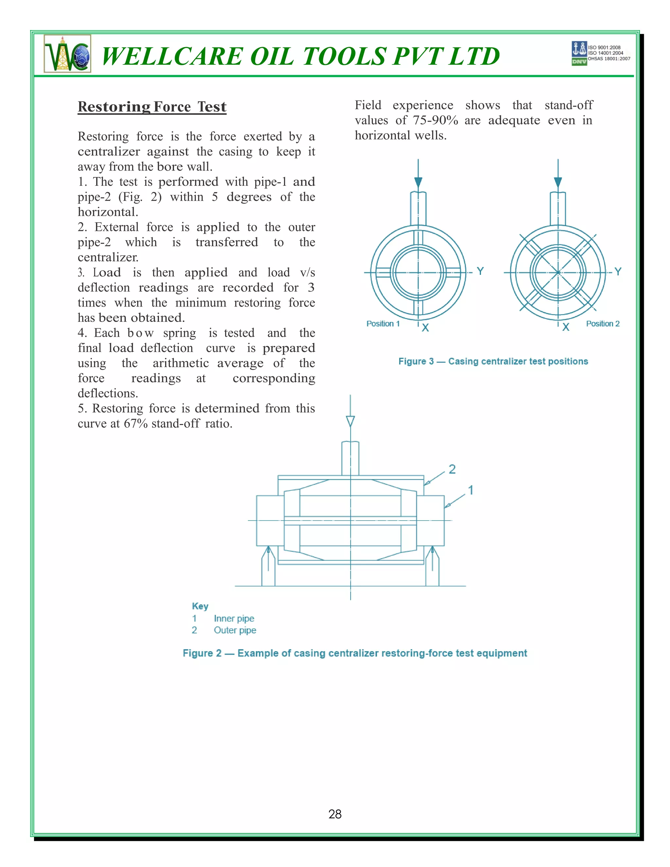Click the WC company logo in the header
tap(67, 54)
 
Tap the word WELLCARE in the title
tap(172, 56)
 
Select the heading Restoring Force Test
tap(152, 107)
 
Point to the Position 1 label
tap(383, 324)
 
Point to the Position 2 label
tap(603, 324)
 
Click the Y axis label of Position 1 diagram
tap(480, 271)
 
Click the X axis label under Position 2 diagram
tap(566, 327)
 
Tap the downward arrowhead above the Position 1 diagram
tap(418, 182)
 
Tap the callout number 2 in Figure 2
tap(452, 469)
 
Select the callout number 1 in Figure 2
tap(471, 490)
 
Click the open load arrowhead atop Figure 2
tap(350, 421)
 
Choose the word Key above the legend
tap(200, 606)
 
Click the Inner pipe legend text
tap(234, 618)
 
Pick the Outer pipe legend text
tap(235, 630)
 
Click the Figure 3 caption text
tap(493, 361)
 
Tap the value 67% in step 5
tap(135, 424)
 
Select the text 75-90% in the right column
tap(435, 120)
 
